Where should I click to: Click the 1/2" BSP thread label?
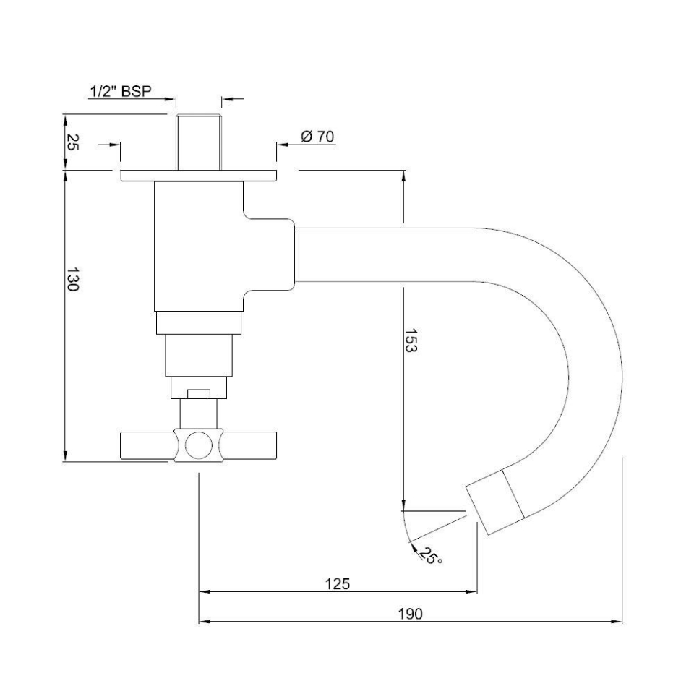(x=121, y=91)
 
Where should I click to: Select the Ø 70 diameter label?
(x=317, y=136)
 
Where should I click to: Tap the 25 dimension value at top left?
(x=72, y=142)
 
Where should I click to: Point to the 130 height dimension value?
(x=72, y=279)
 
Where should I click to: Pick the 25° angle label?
(x=431, y=557)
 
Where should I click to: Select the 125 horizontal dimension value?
(x=338, y=583)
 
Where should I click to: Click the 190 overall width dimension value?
(x=410, y=613)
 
